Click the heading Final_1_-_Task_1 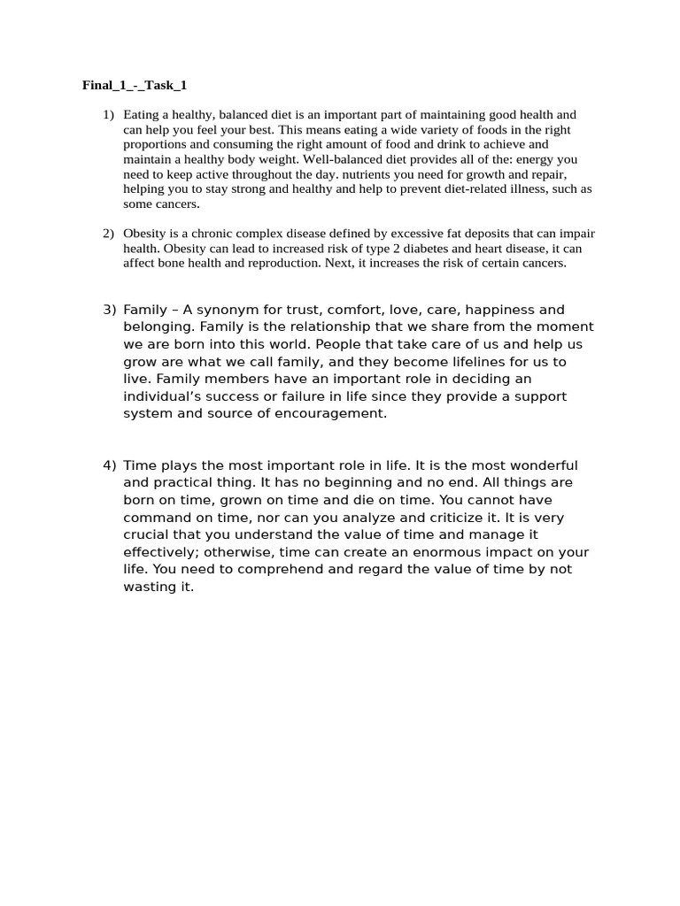coord(135,86)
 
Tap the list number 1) coord(108,114)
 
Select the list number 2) coord(108,234)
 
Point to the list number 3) coord(110,310)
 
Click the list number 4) coord(110,465)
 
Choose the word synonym coord(221,310)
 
